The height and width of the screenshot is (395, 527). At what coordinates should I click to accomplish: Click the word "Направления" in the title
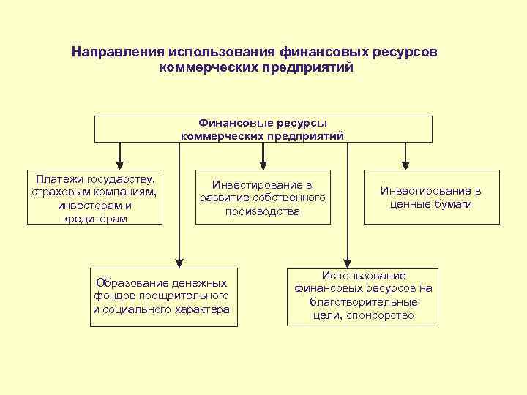coord(117,53)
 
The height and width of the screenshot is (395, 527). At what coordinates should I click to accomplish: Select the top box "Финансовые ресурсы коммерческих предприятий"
coord(263,129)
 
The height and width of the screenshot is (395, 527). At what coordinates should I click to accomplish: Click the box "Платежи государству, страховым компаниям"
coord(94,197)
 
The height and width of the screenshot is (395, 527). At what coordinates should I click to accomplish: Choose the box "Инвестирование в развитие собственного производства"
coord(262,197)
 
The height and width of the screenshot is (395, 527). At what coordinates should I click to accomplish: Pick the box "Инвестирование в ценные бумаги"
coord(431,197)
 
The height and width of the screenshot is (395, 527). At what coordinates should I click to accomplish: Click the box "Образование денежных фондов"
coord(161,296)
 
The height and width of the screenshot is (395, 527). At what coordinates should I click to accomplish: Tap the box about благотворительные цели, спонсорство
coord(363,296)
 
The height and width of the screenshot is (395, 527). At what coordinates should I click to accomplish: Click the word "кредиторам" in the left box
coord(95,219)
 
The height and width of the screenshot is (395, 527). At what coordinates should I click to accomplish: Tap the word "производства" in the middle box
coord(263,211)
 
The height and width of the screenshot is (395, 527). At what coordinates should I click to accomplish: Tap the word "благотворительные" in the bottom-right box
coord(364,302)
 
